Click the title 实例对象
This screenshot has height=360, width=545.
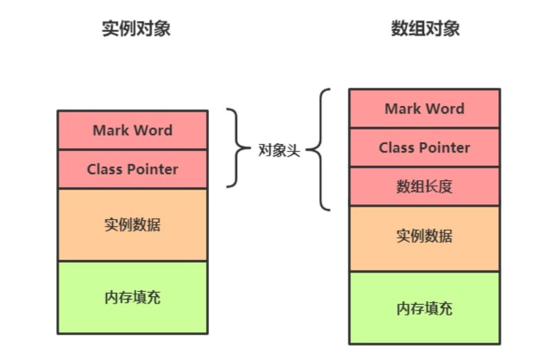pyautogui.click(x=136, y=28)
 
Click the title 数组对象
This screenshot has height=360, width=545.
pyautogui.click(x=425, y=28)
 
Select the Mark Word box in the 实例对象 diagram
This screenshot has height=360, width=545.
pyautogui.click(x=132, y=130)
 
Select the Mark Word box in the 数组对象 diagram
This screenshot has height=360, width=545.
pyautogui.click(x=424, y=108)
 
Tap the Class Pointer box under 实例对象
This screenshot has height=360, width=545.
pyautogui.click(x=132, y=169)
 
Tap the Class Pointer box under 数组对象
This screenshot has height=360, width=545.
pyautogui.click(x=424, y=147)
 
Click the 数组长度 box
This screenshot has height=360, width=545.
pyautogui.click(x=424, y=187)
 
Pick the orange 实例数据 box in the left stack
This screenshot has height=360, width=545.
pyautogui.click(x=132, y=225)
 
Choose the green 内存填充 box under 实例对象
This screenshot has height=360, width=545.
pyautogui.click(x=132, y=297)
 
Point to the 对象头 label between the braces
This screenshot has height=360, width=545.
pyautogui.click(x=279, y=150)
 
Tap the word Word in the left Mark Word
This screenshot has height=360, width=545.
pyautogui.click(x=151, y=130)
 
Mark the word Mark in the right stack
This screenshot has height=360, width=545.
pyautogui.click(x=401, y=108)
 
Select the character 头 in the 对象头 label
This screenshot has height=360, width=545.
pyautogui.click(x=294, y=150)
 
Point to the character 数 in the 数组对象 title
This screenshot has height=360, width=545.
pyautogui.click(x=399, y=28)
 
